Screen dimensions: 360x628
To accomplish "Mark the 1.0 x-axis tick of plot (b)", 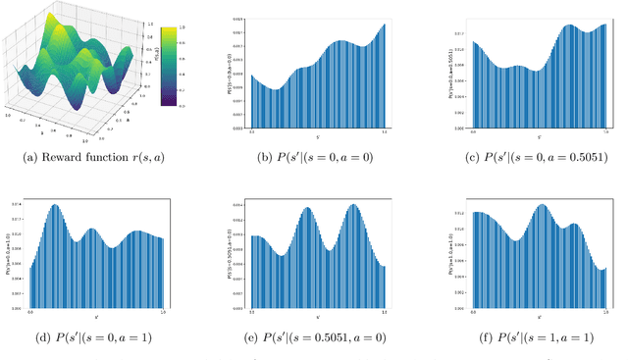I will [384, 130].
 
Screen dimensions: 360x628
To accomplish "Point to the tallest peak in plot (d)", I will [56, 206].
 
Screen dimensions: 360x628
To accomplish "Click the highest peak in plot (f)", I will [541, 205].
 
